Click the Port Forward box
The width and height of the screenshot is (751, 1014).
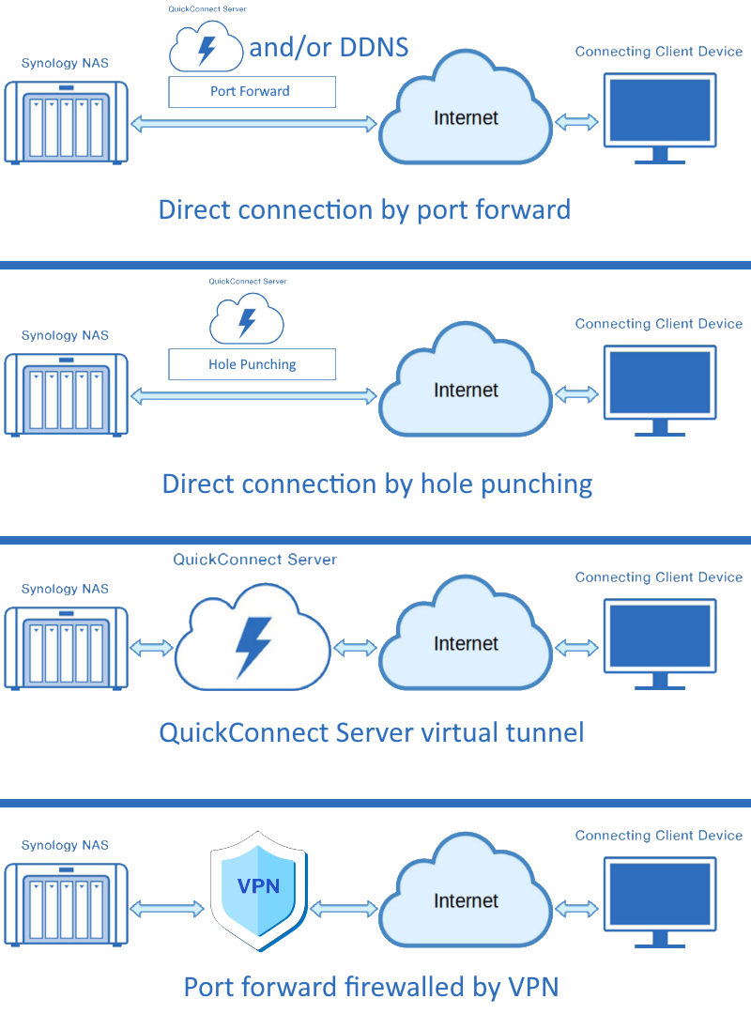tap(253, 92)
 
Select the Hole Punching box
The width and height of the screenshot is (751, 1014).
tap(253, 364)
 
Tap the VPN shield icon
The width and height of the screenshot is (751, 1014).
tap(259, 891)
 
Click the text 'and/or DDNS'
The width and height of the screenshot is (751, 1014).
tap(329, 47)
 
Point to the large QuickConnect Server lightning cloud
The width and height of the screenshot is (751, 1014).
tap(253, 637)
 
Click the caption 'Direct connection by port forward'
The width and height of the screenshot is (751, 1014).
tap(365, 209)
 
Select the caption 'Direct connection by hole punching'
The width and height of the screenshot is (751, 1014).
tap(377, 484)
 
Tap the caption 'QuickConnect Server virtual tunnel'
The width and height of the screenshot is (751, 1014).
tap(372, 732)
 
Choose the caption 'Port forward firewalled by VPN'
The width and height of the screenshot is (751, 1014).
tap(372, 987)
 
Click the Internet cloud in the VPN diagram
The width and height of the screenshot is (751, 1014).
tap(466, 891)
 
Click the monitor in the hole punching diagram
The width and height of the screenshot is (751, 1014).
tap(660, 391)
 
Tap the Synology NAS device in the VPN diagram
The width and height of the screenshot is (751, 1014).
tap(66, 905)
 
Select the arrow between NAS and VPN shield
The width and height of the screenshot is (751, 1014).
tap(167, 909)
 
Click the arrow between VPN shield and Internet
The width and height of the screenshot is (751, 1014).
tap(345, 909)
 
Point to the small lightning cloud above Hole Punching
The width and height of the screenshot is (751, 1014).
tap(247, 318)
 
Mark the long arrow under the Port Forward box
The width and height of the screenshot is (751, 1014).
tap(253, 124)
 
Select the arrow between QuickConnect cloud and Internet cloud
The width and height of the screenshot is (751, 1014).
tap(355, 647)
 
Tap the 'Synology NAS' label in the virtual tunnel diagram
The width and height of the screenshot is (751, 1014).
tap(65, 589)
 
